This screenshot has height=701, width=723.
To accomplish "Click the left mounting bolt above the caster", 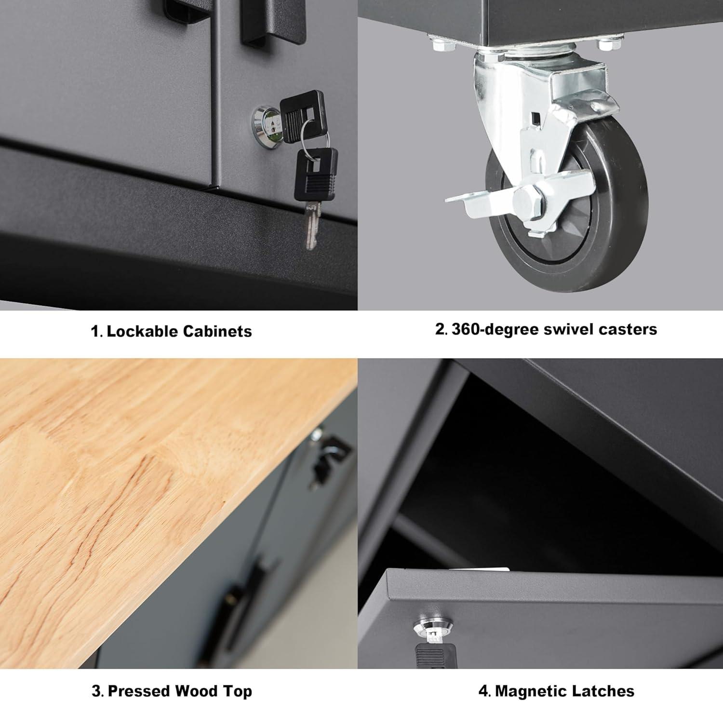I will tap(442, 46).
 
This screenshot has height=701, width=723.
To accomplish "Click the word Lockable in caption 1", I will tap(142, 331).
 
